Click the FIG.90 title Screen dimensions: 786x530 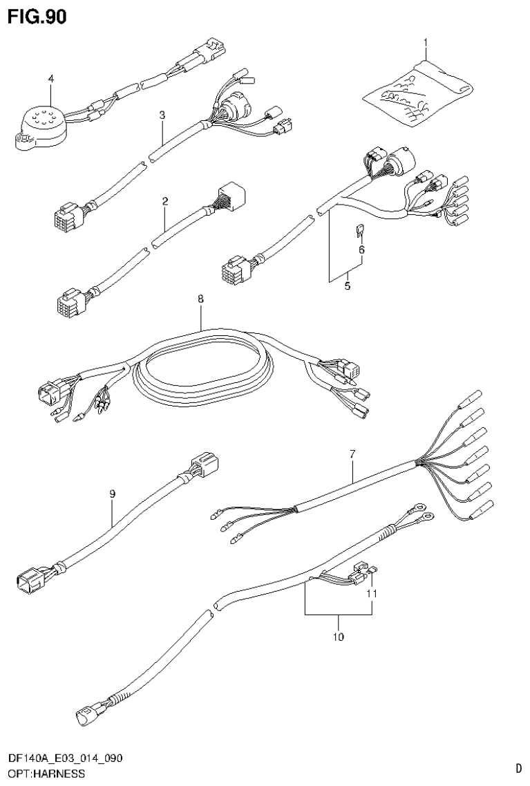pyautogui.click(x=37, y=17)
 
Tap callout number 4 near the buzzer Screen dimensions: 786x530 pyautogui.click(x=50, y=79)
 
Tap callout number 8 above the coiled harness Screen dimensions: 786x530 pyautogui.click(x=200, y=299)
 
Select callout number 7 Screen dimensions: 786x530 pyautogui.click(x=352, y=453)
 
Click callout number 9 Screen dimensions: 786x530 pyautogui.click(x=112, y=494)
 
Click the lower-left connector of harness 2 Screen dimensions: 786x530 pyautogui.click(x=70, y=303)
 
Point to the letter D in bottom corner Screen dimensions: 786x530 pyautogui.click(x=518, y=767)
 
